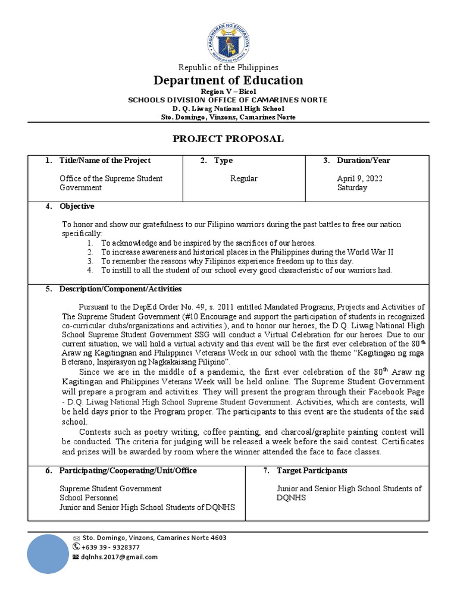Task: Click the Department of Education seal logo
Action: coord(228,39)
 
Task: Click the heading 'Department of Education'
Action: coord(228,80)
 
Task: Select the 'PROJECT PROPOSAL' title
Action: coord(228,139)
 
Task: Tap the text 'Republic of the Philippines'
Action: coord(228,68)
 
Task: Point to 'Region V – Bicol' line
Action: coord(228,92)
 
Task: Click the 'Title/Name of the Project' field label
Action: coord(105,161)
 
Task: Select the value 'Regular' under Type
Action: coord(243,178)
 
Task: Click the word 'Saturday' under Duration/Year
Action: coord(352,187)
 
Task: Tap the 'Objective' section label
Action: coord(76,206)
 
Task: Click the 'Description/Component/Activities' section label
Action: coord(120,289)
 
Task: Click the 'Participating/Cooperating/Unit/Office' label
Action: coord(127,470)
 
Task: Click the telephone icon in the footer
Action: coord(76,547)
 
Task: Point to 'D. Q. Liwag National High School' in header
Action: coord(228,109)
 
